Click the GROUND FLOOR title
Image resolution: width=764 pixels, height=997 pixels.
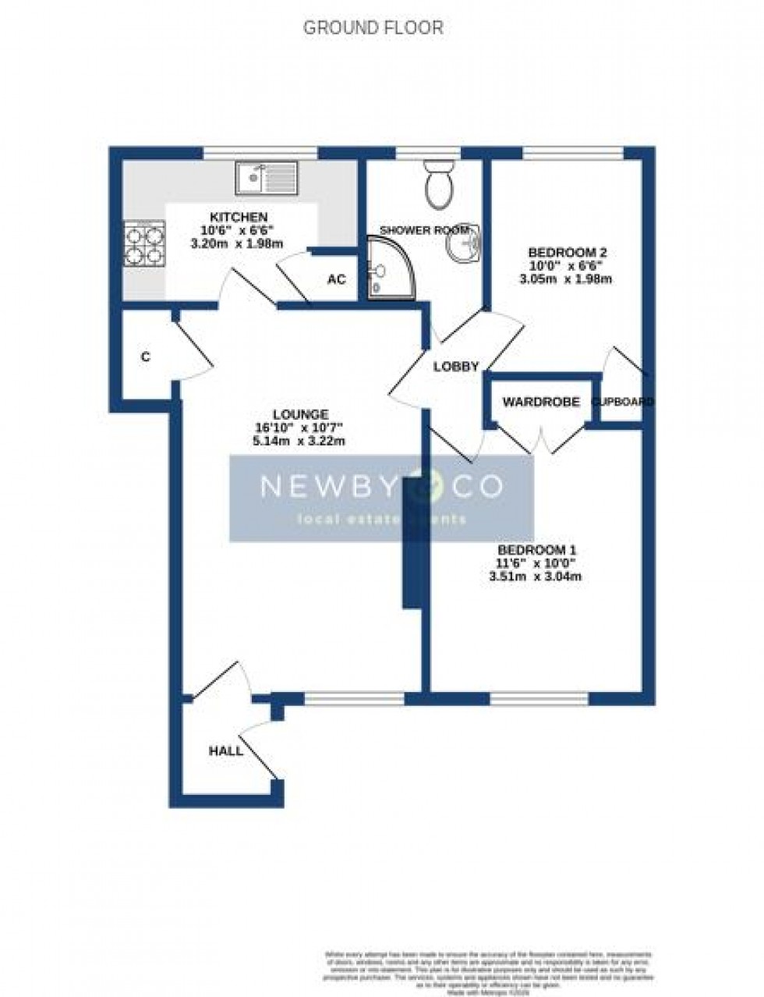(373, 29)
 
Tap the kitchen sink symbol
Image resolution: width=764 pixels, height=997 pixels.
(266, 178)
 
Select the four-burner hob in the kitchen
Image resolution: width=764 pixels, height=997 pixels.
(145, 243)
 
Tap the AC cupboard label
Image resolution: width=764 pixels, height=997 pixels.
(336, 279)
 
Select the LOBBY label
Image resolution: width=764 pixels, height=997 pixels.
(455, 366)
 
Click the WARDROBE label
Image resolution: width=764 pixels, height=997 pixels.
(540, 402)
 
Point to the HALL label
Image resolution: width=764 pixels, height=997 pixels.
(225, 751)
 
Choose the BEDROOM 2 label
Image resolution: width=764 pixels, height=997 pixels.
(567, 253)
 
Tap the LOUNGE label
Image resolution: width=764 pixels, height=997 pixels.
(300, 414)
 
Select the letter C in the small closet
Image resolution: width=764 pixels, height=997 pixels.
(145, 357)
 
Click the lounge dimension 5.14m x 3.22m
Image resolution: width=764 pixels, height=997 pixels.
(299, 441)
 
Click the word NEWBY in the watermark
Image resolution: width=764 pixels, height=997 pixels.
(324, 487)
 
